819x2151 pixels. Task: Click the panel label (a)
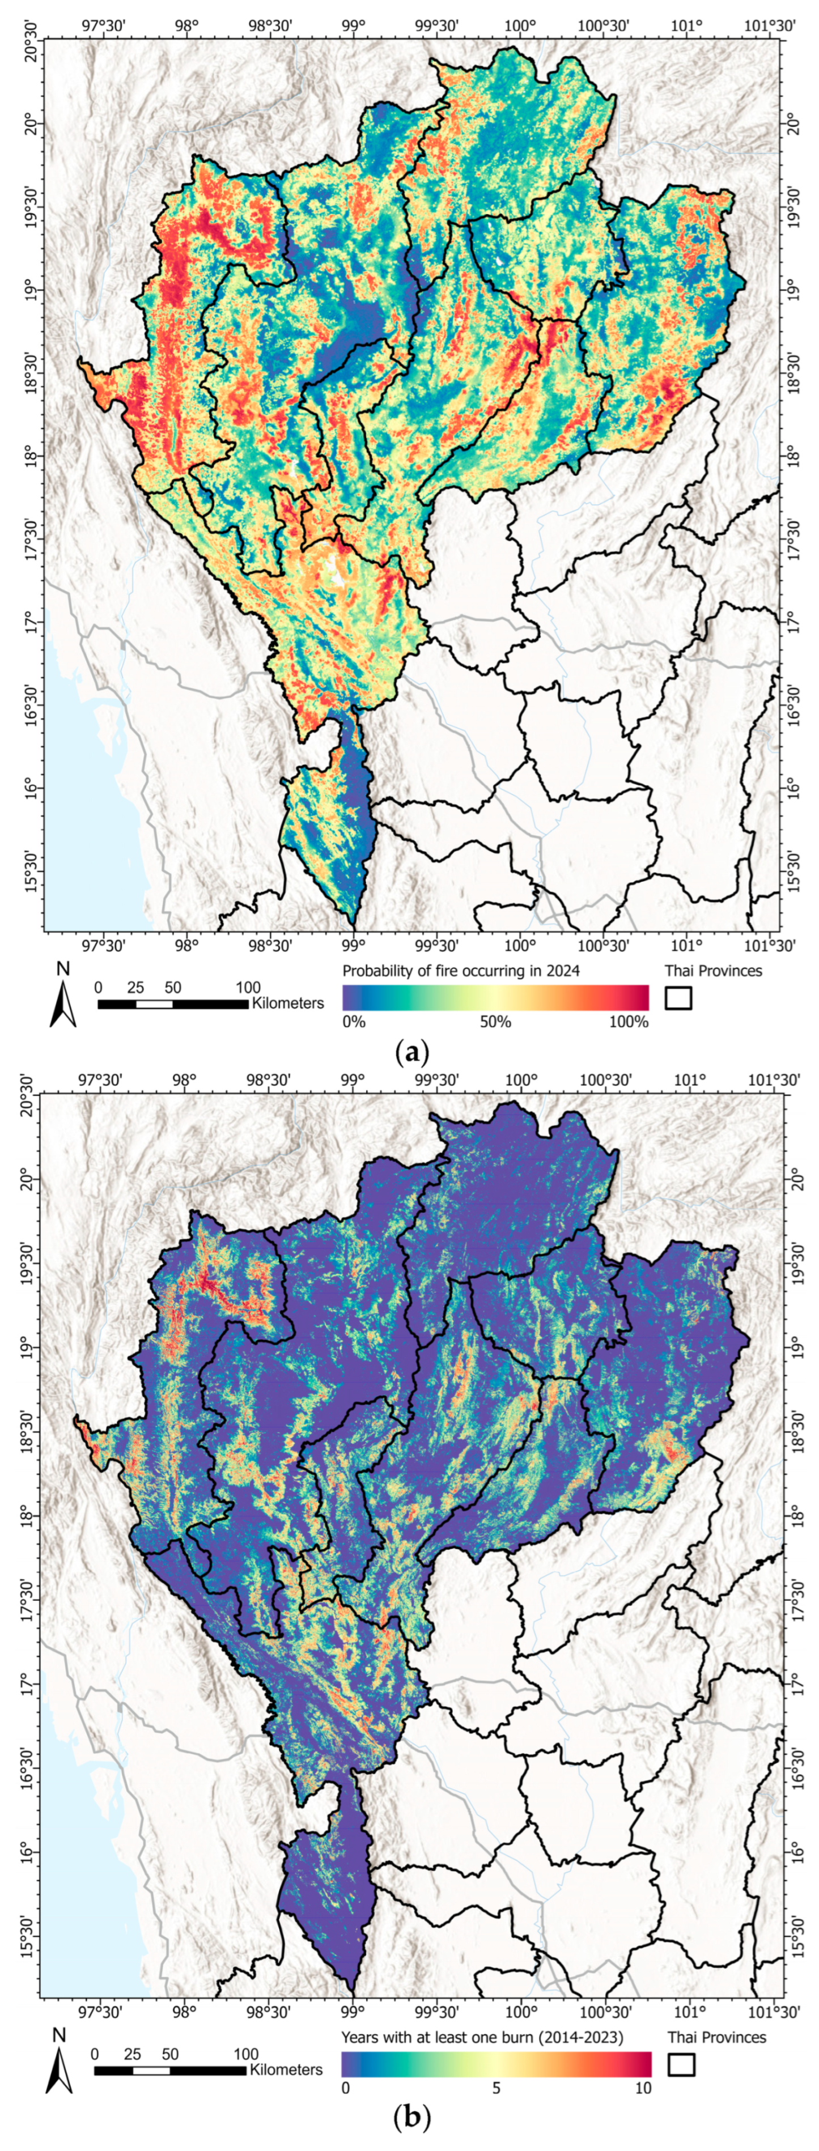click(410, 1051)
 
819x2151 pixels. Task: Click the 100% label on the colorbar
click(629, 1021)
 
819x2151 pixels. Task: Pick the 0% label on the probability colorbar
click(354, 1021)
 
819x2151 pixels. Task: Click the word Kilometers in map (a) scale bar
click(287, 1002)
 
